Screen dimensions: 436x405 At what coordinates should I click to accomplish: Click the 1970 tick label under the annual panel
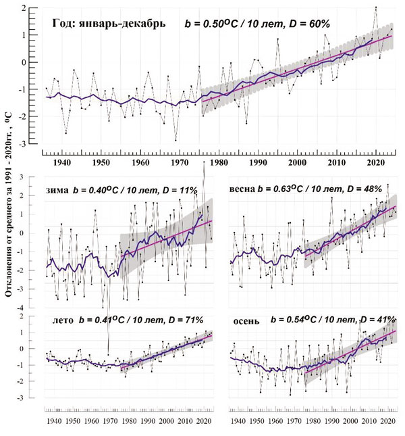180,164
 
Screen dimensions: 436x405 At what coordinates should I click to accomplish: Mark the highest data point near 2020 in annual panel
376,8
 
